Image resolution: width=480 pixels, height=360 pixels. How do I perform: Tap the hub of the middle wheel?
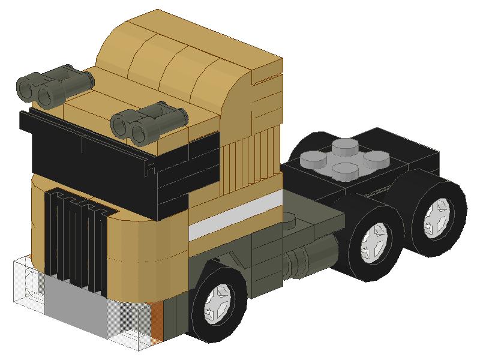click(x=376, y=239)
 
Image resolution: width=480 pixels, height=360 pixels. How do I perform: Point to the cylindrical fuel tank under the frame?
click(x=306, y=258)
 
